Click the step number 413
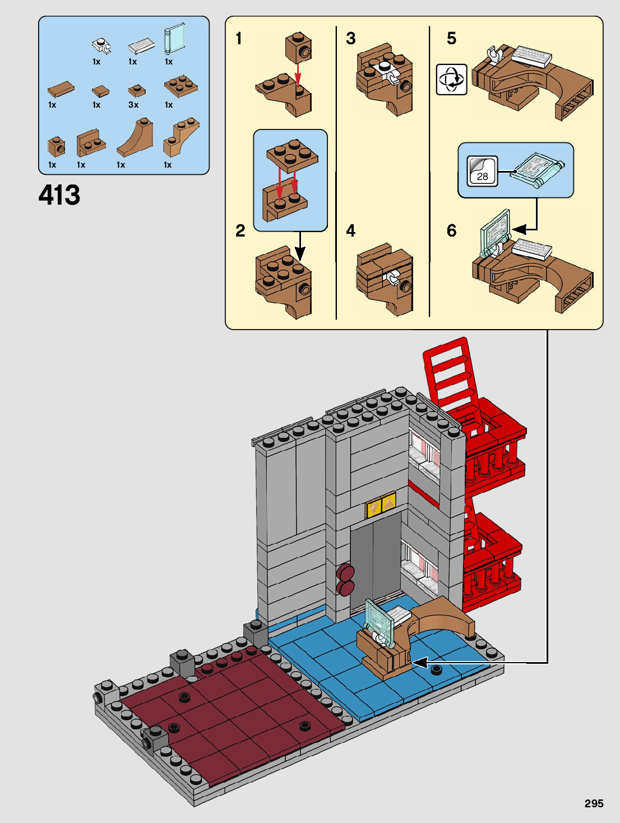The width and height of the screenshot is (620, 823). pyautogui.click(x=59, y=196)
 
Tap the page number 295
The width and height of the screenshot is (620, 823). pyautogui.click(x=594, y=803)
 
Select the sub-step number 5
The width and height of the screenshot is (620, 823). pyautogui.click(x=451, y=38)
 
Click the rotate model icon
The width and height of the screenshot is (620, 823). pyautogui.click(x=451, y=80)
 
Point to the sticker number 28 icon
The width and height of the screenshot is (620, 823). pyautogui.click(x=482, y=171)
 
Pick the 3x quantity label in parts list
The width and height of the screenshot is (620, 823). pyautogui.click(x=133, y=105)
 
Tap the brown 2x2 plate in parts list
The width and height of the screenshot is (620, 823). pyautogui.click(x=181, y=86)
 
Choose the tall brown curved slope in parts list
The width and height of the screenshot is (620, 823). pyautogui.click(x=136, y=138)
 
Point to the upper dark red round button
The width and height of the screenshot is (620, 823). pyautogui.click(x=345, y=572)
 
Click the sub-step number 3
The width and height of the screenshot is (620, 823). pyautogui.click(x=350, y=38)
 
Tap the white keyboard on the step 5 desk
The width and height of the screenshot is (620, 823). pyautogui.click(x=531, y=57)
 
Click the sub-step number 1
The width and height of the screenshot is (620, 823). pyautogui.click(x=239, y=38)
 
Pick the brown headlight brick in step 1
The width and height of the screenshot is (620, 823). pyautogui.click(x=298, y=48)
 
